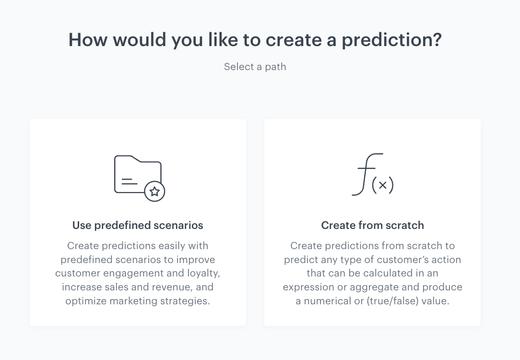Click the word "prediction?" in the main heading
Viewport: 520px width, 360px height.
[391, 40]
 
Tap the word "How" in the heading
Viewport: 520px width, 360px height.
[88, 40]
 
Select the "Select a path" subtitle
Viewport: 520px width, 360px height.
[255, 67]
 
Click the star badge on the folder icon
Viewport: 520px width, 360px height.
[154, 192]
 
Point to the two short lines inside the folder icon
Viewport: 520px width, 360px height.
[128, 181]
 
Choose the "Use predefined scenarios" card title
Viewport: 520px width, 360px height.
[138, 225]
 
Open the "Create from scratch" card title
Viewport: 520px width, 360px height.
[372, 225]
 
